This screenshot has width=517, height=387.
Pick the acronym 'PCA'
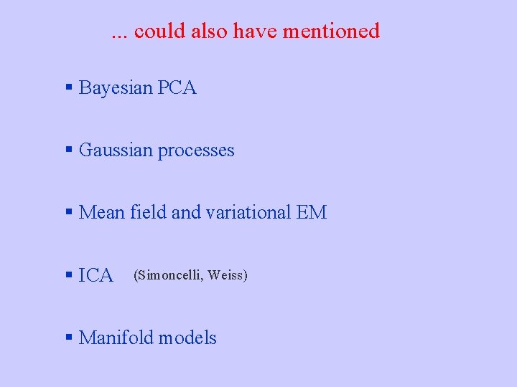177,88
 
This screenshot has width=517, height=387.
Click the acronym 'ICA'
96,275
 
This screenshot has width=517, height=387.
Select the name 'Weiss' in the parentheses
228,274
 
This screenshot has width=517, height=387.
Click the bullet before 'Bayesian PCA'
69,88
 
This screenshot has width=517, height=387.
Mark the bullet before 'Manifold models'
69,337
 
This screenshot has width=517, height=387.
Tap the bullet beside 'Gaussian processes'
69,150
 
